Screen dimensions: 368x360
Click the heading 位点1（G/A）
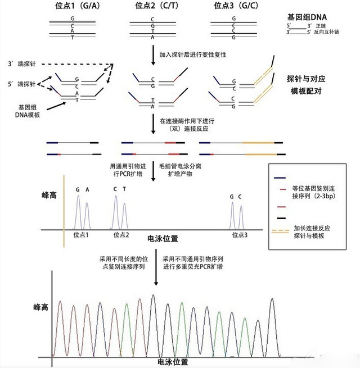(x=73, y=6)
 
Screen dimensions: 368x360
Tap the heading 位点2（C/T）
(x=152, y=6)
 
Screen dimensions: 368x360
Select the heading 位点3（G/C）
(x=233, y=6)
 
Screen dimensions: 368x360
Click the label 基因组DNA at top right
(x=307, y=17)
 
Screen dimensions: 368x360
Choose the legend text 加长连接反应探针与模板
(x=313, y=233)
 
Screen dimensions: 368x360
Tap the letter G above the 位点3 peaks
(x=231, y=197)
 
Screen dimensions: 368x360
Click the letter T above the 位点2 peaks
(x=125, y=189)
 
